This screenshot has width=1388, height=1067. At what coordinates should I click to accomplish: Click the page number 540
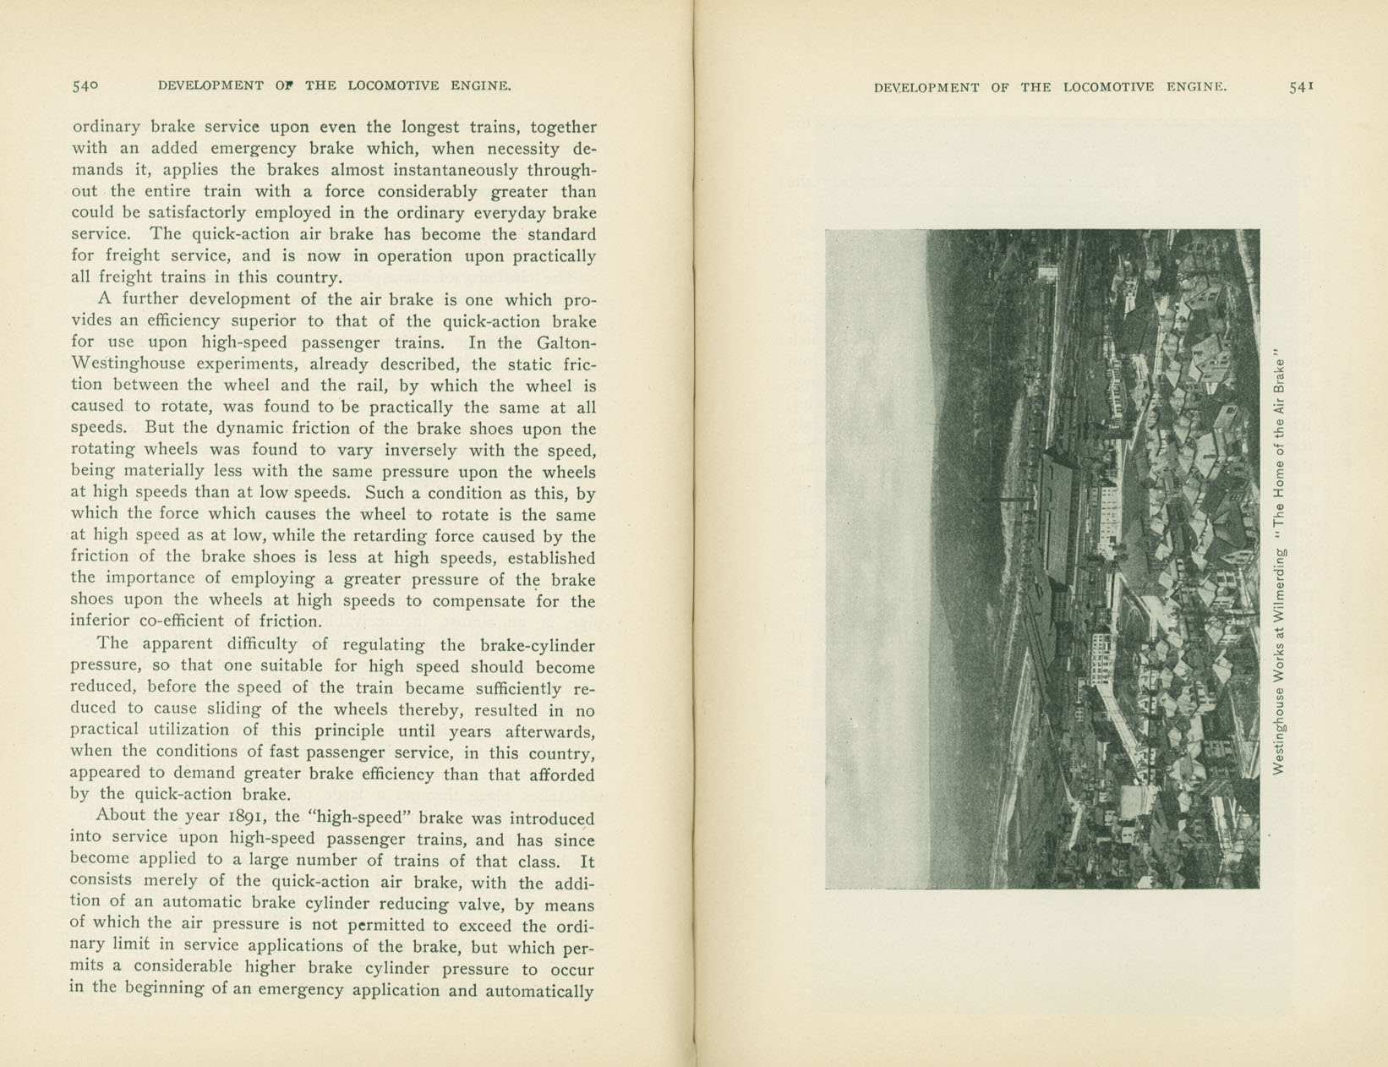(x=85, y=85)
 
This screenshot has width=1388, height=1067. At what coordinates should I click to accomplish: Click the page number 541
(x=1300, y=86)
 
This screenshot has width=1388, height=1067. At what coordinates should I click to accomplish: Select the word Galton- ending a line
(x=566, y=342)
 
